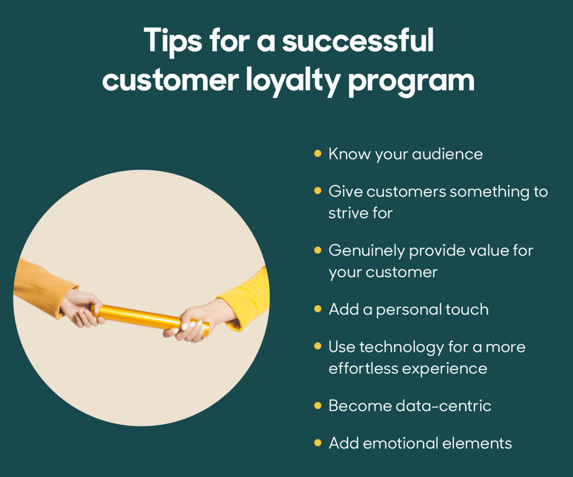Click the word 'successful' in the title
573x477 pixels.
pos(358,40)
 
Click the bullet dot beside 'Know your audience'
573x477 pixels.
pos(318,153)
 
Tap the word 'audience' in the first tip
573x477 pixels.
pos(447,154)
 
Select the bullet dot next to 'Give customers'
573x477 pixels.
pos(318,191)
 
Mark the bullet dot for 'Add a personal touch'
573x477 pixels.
pos(318,309)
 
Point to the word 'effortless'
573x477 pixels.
pos(363,368)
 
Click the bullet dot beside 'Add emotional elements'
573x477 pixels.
pos(318,443)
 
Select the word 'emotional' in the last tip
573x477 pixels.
pos(400,443)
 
